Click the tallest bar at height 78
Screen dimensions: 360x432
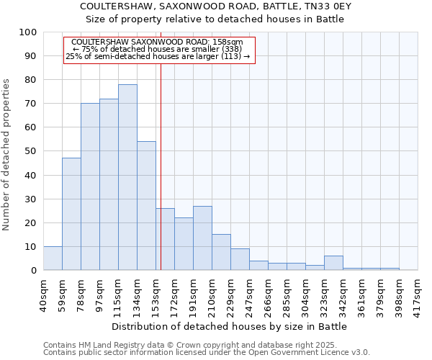(x=127, y=177)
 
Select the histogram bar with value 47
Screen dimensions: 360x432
(x=71, y=214)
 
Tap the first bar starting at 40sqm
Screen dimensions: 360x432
(x=53, y=258)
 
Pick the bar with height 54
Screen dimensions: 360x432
(x=146, y=206)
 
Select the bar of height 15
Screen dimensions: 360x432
(x=221, y=252)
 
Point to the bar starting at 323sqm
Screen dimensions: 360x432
(x=333, y=263)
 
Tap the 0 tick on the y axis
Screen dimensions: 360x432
(x=34, y=270)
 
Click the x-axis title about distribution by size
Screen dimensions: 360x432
(x=230, y=326)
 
